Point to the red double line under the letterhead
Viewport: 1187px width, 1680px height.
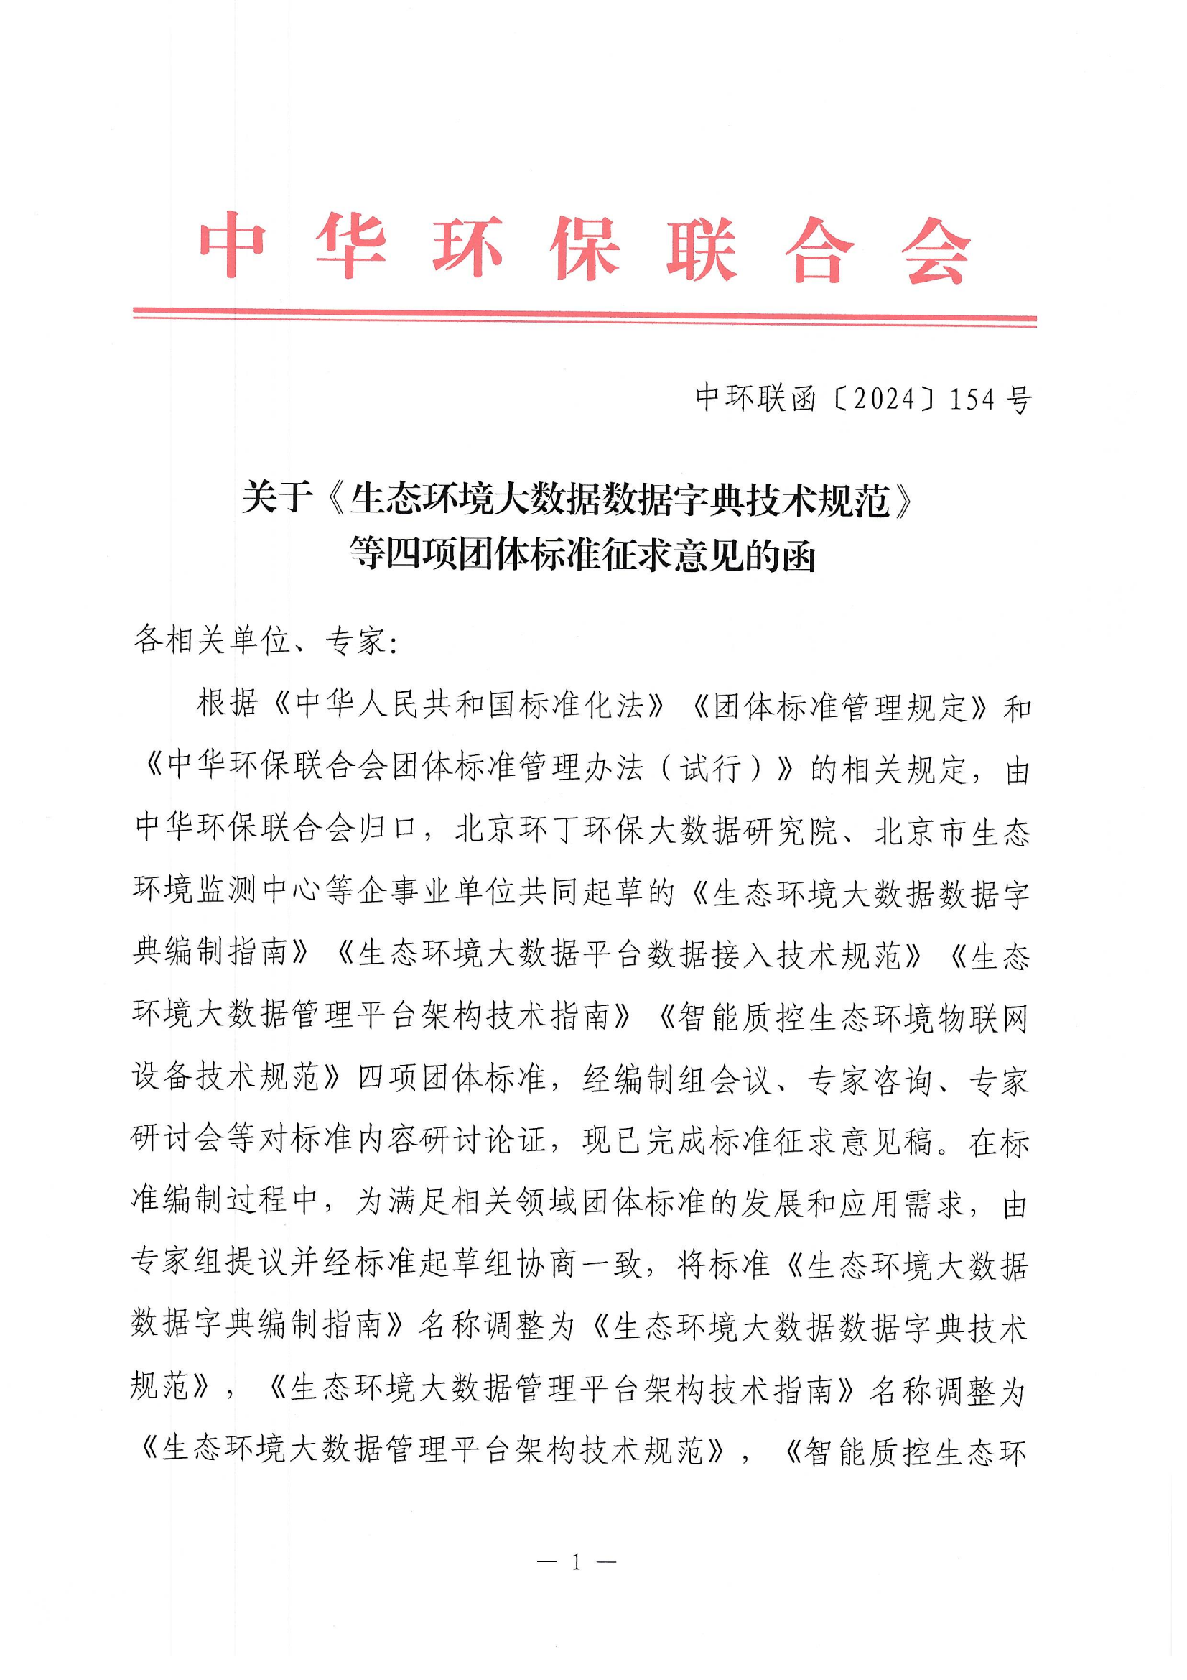(585, 317)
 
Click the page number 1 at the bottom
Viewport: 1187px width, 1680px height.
(577, 1563)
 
